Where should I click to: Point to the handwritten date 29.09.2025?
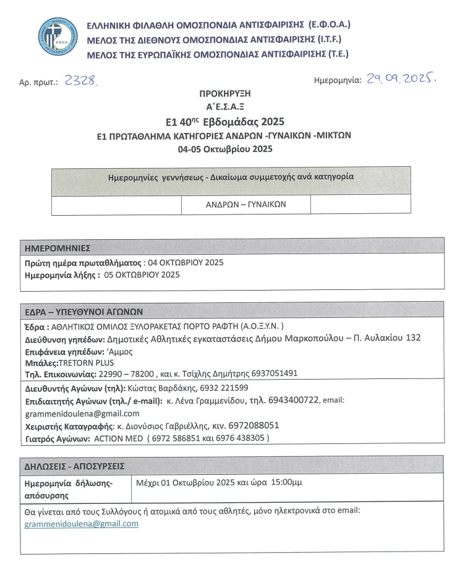coord(401,79)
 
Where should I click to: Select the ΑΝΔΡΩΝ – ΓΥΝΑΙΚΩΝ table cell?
coord(245,204)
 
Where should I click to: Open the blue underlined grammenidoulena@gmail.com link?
coord(82,524)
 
